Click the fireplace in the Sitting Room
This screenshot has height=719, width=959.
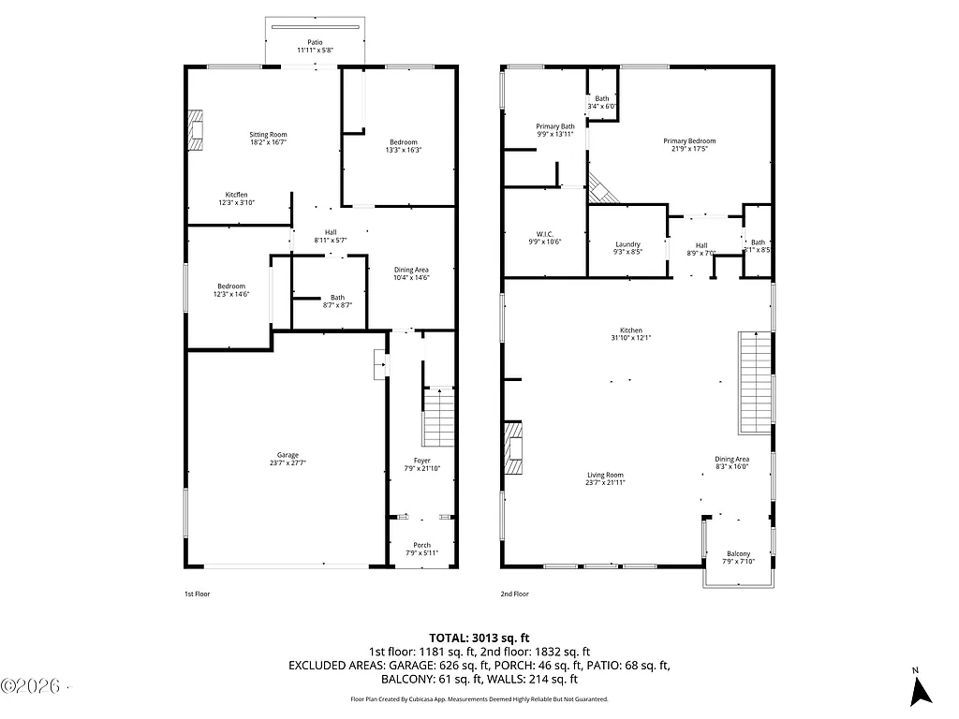point(195,131)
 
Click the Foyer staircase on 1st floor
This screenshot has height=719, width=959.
point(438,418)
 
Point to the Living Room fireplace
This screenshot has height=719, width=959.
point(512,451)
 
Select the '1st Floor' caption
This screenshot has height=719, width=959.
point(198,594)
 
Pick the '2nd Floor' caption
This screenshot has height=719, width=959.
point(515,594)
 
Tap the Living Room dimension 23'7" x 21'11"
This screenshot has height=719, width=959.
point(606,482)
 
